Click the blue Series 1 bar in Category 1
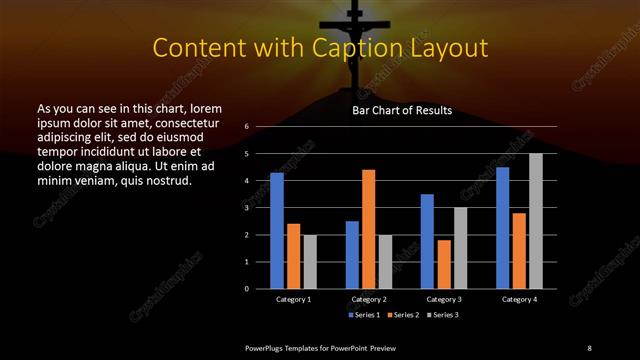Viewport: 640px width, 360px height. [x=277, y=231]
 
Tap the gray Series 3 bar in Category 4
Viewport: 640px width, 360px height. [x=535, y=221]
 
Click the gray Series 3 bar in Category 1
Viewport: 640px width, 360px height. [x=310, y=262]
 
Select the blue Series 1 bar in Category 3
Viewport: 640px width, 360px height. [x=427, y=241]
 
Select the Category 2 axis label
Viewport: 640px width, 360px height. [x=369, y=299]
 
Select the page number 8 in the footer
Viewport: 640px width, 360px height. [x=589, y=347]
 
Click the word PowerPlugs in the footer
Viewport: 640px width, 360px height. [x=267, y=347]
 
